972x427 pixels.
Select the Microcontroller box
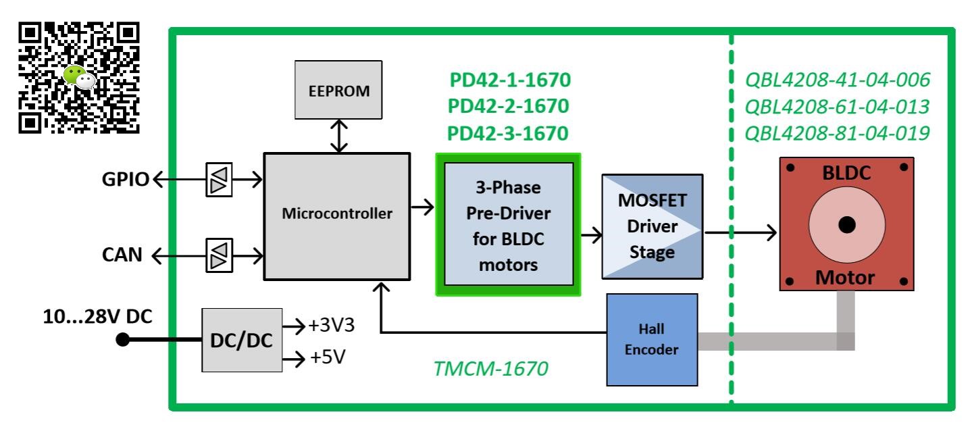click(336, 214)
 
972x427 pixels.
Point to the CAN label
click(122, 255)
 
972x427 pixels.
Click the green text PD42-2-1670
click(509, 107)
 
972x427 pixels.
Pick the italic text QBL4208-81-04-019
click(837, 133)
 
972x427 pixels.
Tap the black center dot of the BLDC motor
click(847, 225)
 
